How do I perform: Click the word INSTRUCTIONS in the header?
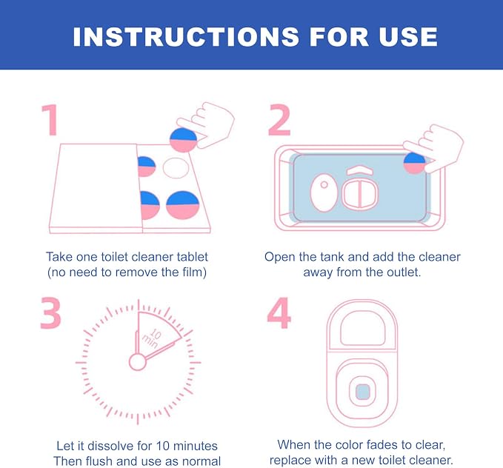tap(186, 36)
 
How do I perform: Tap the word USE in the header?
tap(408, 36)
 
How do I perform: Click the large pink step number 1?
tap(50, 120)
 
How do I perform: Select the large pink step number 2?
tap(279, 120)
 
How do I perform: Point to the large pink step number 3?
tap(50, 312)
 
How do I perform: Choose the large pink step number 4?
tap(279, 312)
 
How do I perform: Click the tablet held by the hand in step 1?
tap(183, 140)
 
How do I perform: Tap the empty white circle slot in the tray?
tap(176, 168)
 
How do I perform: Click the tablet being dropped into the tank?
tap(414, 163)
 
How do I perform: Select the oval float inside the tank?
tap(324, 193)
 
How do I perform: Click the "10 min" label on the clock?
tap(152, 338)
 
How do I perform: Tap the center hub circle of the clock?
tap(138, 362)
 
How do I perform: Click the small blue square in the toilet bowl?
tap(363, 392)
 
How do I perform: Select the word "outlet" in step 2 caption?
tap(404, 273)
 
